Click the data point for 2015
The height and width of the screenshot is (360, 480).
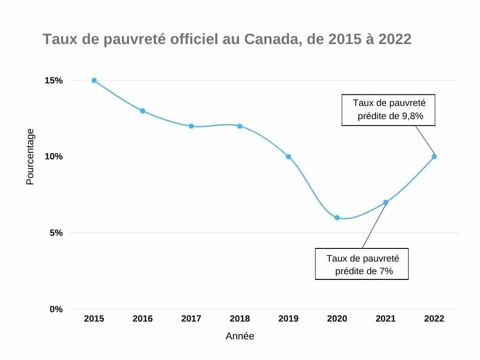(x=94, y=80)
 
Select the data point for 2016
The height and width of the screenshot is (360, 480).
(x=142, y=111)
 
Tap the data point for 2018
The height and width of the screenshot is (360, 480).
(x=240, y=126)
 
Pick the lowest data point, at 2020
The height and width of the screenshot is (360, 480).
(x=337, y=217)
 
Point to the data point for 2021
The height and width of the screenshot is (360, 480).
(x=385, y=202)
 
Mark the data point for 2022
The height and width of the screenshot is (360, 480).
(x=434, y=157)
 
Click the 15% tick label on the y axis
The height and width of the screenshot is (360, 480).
(x=53, y=80)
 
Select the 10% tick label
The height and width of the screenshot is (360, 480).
(x=53, y=157)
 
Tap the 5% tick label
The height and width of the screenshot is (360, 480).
(x=56, y=233)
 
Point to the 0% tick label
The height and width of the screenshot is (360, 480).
(x=56, y=309)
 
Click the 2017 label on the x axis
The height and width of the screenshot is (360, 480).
(x=191, y=319)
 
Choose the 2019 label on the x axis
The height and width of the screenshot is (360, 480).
(x=288, y=319)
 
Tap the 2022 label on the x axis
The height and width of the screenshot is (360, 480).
(x=434, y=319)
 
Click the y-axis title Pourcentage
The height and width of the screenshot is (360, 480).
(x=30, y=157)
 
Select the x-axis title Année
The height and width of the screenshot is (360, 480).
(x=240, y=336)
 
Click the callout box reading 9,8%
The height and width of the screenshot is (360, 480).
(x=388, y=110)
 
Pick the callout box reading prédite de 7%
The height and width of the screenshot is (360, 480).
(x=362, y=264)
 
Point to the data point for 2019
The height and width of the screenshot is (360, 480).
(x=288, y=157)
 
